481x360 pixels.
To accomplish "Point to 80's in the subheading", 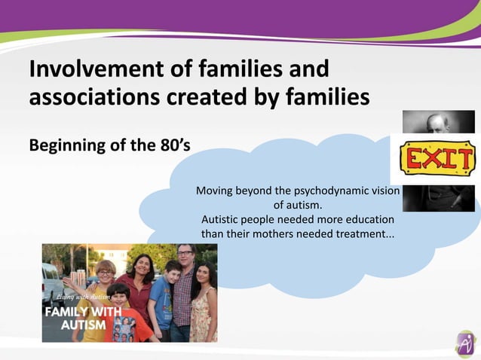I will (171, 145).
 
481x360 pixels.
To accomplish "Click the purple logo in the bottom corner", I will (465, 343).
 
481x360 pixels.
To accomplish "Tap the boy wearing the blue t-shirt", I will (161, 297).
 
